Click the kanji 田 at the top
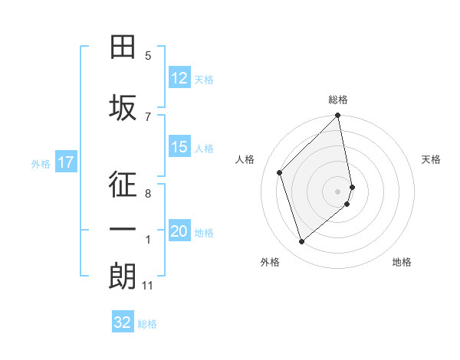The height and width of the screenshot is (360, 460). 123,48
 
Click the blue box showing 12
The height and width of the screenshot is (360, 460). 179,78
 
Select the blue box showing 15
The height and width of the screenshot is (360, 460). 179,147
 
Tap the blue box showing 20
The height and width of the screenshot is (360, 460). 179,231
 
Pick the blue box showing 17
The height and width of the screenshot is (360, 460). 66,162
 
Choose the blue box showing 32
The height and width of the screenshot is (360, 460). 123,322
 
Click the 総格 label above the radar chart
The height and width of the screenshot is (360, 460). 338,100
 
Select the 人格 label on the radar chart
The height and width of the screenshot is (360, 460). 245,159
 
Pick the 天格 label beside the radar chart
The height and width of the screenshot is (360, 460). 431,159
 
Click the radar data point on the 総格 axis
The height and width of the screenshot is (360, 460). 338,116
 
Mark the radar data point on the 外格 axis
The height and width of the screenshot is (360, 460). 301,242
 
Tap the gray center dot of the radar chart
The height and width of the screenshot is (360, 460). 338,191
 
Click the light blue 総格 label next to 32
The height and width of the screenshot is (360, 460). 147,324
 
